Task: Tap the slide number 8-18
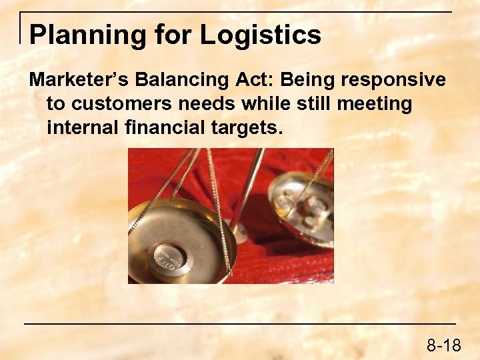click(444, 345)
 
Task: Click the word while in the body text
click(258, 104)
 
